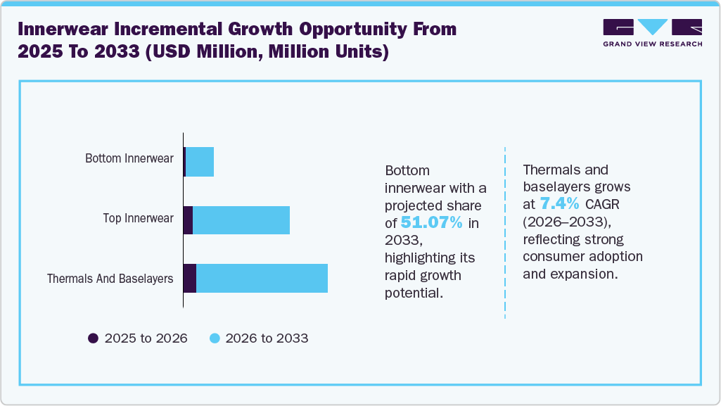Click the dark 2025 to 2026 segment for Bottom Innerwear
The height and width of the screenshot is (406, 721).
(184, 162)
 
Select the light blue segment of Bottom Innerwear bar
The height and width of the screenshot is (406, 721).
(200, 162)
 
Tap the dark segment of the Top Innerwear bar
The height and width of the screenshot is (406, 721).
(188, 220)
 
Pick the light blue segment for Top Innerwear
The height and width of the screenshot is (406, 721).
(241, 220)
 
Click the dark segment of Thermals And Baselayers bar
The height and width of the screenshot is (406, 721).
(189, 278)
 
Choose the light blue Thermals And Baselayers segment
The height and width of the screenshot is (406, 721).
(262, 278)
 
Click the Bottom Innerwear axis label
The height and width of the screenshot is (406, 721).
(129, 158)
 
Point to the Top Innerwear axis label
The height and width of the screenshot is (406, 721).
(138, 218)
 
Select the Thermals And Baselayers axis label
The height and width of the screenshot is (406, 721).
(110, 279)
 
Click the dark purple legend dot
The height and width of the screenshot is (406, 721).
(93, 338)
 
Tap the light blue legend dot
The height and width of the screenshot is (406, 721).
(215, 338)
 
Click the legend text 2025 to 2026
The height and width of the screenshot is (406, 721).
(146, 338)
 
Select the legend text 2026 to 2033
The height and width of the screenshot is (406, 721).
(267, 338)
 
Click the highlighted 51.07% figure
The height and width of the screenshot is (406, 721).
(431, 223)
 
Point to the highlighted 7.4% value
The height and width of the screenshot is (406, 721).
(559, 204)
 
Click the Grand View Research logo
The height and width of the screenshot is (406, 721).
(652, 32)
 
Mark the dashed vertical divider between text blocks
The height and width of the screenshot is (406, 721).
(505, 232)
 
